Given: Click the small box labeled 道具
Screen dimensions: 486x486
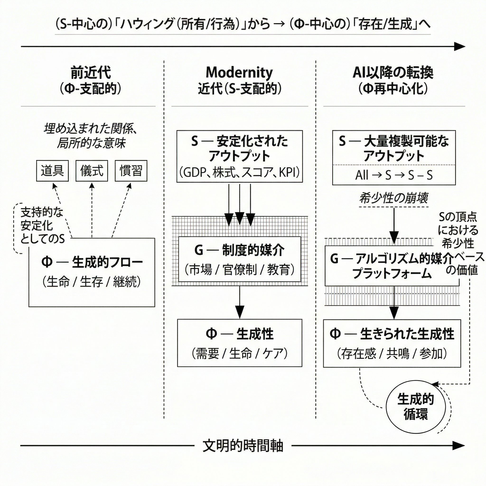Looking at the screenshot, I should pyautogui.click(x=52, y=171).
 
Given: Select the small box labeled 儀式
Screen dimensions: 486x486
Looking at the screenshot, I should pyautogui.click(x=92, y=171).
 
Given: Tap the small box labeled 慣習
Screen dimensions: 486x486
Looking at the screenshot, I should pyautogui.click(x=131, y=171).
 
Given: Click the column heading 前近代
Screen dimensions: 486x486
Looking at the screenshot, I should pyautogui.click(x=91, y=73).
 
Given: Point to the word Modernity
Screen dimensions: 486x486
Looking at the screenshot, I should pyautogui.click(x=239, y=73).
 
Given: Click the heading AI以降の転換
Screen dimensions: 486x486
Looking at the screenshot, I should pyautogui.click(x=393, y=73).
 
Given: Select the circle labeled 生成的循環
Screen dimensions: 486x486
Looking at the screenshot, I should pyautogui.click(x=416, y=407).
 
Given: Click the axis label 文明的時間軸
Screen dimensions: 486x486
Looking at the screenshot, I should pyautogui.click(x=243, y=446).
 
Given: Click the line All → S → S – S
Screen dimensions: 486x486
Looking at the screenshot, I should pyautogui.click(x=394, y=175).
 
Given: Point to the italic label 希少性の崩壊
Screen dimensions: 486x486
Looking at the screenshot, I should pyautogui.click(x=394, y=198).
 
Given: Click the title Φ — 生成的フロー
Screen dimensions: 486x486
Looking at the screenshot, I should pyautogui.click(x=92, y=262).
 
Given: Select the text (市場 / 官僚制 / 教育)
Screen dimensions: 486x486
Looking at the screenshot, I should pyautogui.click(x=239, y=270).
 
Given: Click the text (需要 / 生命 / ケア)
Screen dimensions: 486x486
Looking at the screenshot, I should pyautogui.click(x=239, y=353).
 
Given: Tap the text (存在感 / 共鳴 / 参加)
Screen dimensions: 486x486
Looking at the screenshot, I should pyautogui.click(x=392, y=353).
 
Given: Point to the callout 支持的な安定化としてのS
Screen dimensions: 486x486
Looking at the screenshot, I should pyautogui.click(x=42, y=226).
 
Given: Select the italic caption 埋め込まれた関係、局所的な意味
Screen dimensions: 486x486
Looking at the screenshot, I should pyautogui.click(x=91, y=136).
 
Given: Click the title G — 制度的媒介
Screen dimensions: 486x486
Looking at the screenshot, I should pyautogui.click(x=239, y=250).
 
